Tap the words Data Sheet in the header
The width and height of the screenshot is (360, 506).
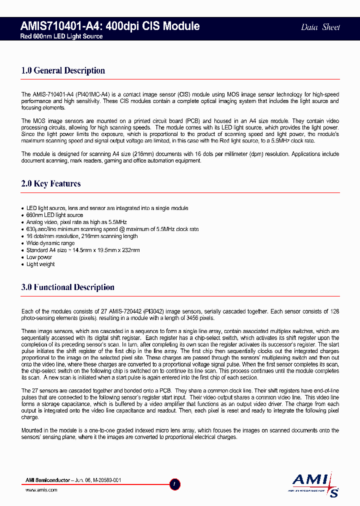(320, 27)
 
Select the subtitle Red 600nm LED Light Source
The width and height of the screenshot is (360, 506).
(61, 36)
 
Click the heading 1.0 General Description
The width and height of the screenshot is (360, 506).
(63, 70)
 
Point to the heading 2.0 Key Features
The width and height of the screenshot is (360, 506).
(51, 183)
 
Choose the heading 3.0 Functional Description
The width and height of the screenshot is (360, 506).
(68, 287)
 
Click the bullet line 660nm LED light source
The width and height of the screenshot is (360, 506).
(54, 215)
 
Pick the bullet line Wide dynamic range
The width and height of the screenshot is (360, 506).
(49, 243)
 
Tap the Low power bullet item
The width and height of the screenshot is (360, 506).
(39, 257)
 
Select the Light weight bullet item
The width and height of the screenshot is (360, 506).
(40, 264)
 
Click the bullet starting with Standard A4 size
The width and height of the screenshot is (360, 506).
(83, 250)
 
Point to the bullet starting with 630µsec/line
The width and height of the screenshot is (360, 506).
(112, 229)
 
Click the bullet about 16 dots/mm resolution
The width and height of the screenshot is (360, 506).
(82, 236)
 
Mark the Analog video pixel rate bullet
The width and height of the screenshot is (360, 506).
(76, 222)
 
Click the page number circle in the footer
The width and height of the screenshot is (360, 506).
(174, 484)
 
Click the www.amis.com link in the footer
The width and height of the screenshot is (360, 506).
(41, 490)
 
